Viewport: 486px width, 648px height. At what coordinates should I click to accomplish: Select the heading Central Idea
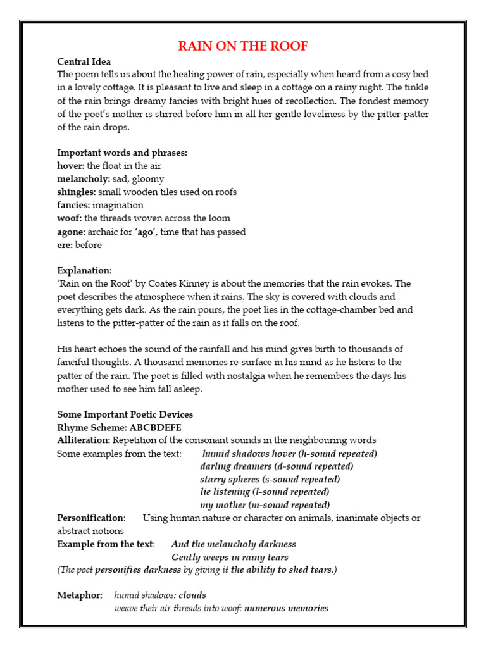[84, 62]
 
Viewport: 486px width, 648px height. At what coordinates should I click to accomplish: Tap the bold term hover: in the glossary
[71, 166]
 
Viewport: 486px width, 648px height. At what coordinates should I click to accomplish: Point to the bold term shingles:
[77, 192]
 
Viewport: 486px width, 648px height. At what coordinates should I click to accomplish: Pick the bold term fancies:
[73, 205]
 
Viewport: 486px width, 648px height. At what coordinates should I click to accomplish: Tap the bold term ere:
[65, 245]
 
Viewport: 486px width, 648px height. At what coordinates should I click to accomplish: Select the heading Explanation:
[84, 270]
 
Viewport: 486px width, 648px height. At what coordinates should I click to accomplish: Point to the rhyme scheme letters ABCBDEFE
[155, 427]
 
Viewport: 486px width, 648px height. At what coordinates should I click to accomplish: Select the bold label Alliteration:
[84, 440]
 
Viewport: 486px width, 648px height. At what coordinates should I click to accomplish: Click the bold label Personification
[91, 518]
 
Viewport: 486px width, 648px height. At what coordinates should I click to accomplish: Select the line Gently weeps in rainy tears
[230, 558]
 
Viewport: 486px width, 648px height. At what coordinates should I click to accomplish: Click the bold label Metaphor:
[80, 595]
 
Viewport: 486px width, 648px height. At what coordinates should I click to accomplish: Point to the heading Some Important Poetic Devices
[125, 414]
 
